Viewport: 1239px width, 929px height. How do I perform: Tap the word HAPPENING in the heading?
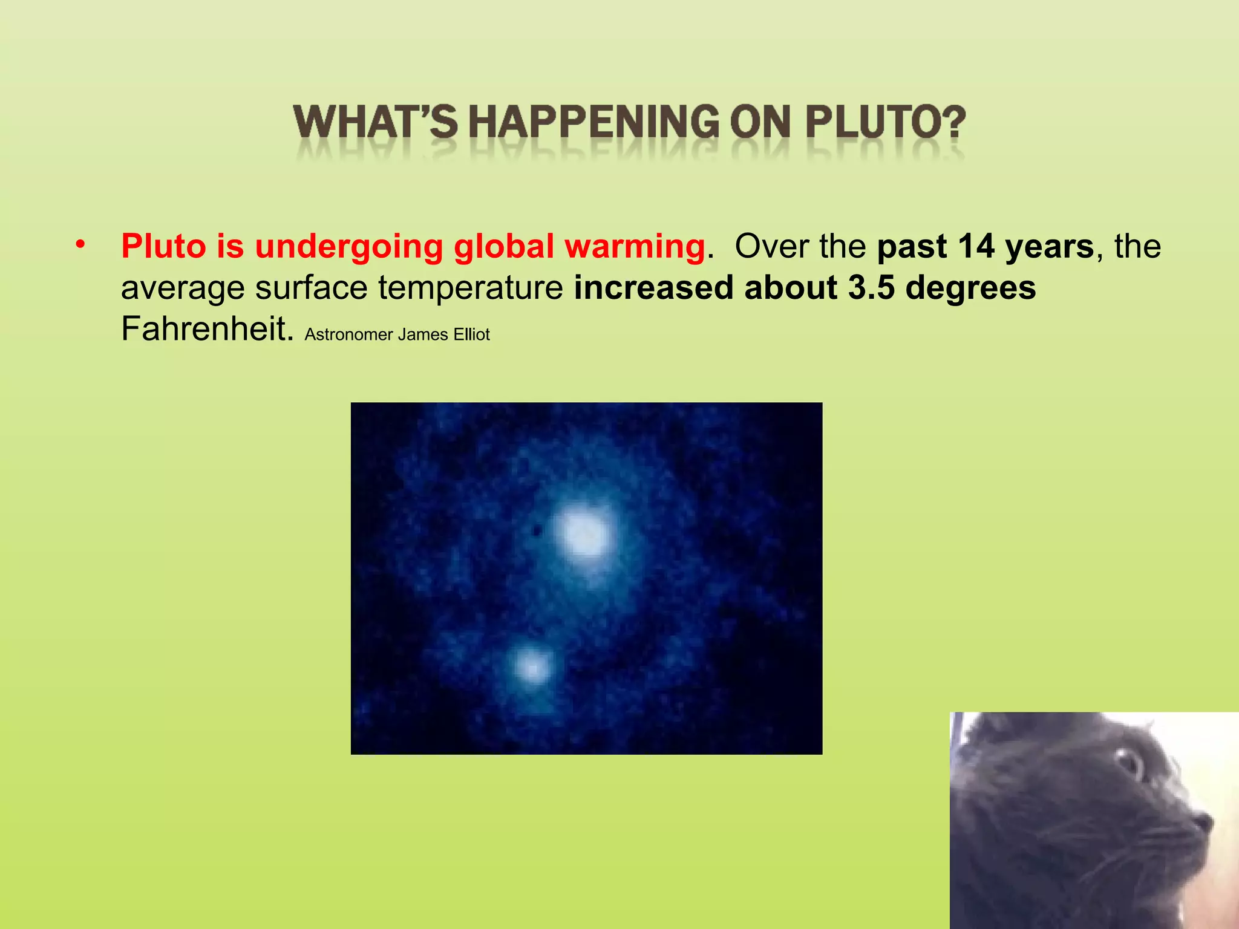[x=593, y=122]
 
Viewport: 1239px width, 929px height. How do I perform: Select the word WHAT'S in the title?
[x=376, y=122]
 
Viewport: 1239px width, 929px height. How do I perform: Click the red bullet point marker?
[x=80, y=245]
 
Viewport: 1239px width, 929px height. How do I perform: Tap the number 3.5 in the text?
[x=871, y=288]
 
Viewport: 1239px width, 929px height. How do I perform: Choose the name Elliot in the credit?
[x=471, y=334]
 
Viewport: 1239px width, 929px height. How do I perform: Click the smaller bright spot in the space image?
[x=532, y=668]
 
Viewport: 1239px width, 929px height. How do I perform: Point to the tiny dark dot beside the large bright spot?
[x=536, y=531]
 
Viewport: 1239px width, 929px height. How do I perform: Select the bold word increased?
[x=653, y=288]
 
